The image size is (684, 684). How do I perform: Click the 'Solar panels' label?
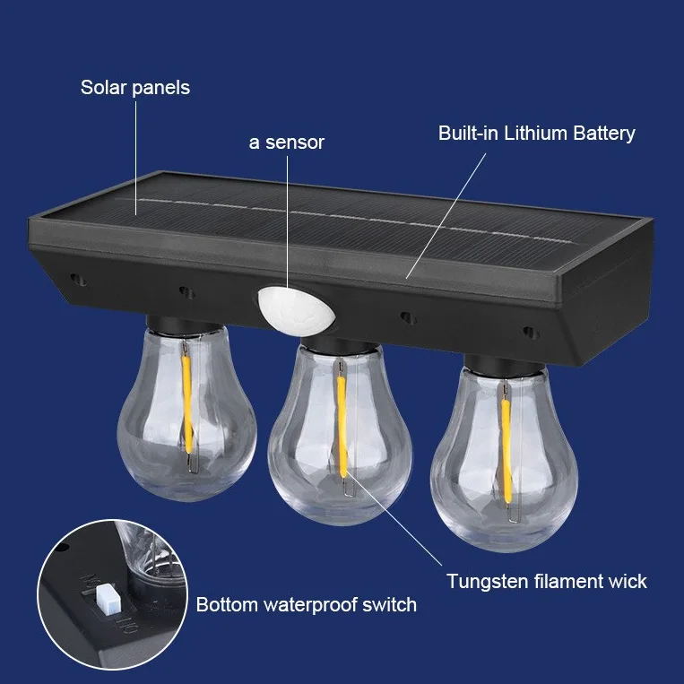[x=134, y=88]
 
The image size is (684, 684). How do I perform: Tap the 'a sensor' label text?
[x=287, y=143]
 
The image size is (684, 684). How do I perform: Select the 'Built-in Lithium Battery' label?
[x=536, y=134]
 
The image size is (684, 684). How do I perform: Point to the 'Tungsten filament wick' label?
[x=547, y=582]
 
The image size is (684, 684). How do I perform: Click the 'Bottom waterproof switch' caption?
[x=307, y=605]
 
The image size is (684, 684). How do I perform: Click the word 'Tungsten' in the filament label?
[x=484, y=582]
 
